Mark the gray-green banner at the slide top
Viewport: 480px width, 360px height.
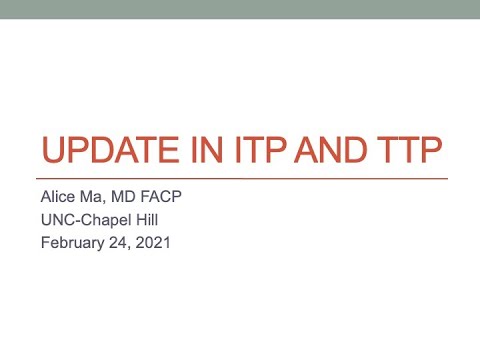click(240, 9)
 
